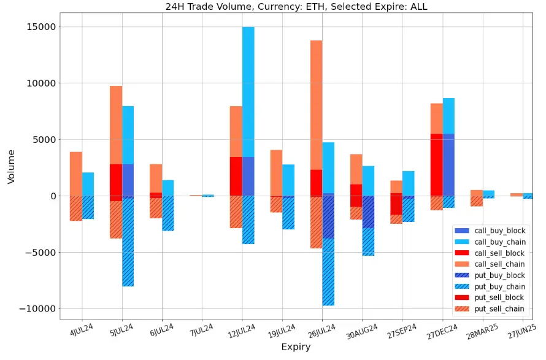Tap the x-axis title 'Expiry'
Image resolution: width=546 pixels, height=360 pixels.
click(296, 347)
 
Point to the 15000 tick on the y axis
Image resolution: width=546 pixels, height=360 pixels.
click(39, 27)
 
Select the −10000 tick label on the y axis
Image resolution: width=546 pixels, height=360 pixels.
click(34, 308)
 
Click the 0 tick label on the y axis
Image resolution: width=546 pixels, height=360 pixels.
click(53, 196)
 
